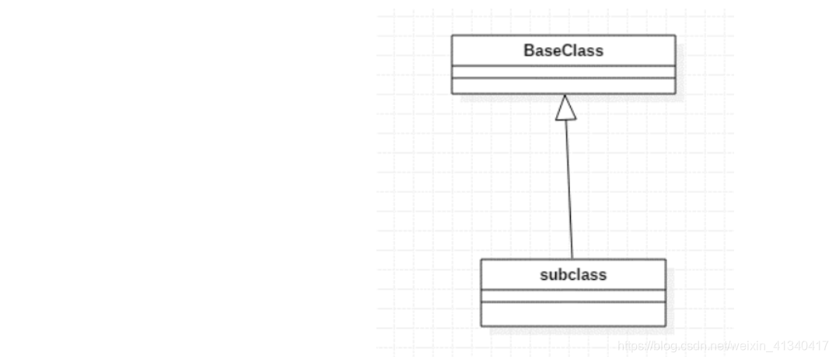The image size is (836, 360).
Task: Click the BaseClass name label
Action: [x=563, y=51]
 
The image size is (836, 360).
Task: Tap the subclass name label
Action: [x=573, y=274]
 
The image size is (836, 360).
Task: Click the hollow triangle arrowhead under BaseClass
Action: [x=565, y=108]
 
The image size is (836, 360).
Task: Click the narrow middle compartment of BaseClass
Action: [x=563, y=72]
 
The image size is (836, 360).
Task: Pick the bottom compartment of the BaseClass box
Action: [x=563, y=86]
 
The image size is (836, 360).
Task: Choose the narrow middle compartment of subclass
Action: [x=573, y=295]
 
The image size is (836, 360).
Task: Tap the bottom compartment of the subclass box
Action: [x=573, y=313]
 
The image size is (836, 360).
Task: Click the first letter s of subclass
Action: [x=543, y=275]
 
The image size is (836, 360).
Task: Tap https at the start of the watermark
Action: [x=629, y=346]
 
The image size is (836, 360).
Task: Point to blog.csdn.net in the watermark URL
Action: [x=687, y=346]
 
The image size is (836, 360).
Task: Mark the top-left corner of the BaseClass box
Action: [x=452, y=35]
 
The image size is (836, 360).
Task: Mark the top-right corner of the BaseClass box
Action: [x=675, y=35]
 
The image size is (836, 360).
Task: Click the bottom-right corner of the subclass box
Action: [x=666, y=326]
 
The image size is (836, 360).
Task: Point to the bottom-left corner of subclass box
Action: [x=481, y=326]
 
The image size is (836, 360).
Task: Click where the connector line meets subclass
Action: [x=572, y=259]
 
